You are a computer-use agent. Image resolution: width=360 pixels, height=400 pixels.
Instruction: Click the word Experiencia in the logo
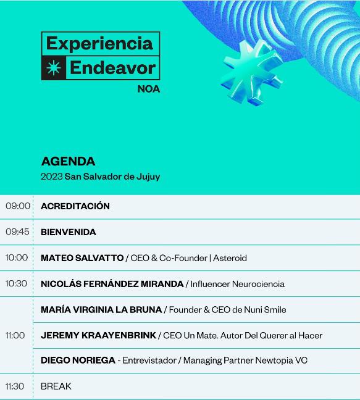99,43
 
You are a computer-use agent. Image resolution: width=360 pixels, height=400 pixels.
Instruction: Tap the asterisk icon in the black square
54,68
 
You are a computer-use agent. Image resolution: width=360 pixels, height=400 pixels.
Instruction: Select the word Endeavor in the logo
112,68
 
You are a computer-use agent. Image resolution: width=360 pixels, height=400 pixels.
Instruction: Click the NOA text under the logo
148,88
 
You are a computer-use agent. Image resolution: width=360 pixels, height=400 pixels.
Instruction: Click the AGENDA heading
68,162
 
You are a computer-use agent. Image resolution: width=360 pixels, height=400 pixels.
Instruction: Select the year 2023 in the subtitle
52,177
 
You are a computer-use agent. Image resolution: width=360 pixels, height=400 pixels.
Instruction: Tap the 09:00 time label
18,206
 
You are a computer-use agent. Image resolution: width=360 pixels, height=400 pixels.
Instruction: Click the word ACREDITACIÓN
75,206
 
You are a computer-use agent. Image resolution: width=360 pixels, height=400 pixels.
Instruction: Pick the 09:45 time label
18,232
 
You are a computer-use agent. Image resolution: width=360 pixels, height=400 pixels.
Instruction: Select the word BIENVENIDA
69,232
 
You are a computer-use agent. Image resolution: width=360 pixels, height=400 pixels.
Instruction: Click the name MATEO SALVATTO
82,258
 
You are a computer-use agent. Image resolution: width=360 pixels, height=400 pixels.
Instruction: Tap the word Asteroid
230,258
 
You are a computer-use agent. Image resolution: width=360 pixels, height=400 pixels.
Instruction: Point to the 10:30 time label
17,284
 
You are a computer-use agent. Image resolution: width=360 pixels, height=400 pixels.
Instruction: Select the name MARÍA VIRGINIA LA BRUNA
101,309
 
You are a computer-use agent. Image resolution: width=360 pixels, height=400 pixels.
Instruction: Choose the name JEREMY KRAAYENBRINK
98,335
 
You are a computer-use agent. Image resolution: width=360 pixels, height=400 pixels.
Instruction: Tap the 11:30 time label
15,386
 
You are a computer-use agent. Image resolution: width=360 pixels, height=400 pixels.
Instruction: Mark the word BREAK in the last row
56,386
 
